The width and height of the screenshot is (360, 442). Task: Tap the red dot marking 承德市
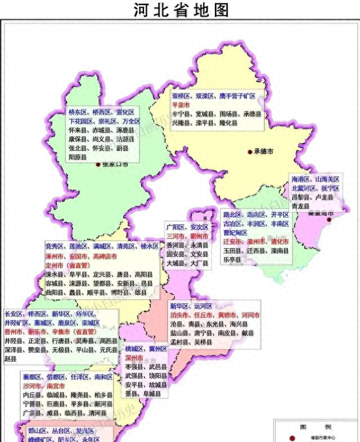[250, 151]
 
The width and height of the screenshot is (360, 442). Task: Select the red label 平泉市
[181, 105]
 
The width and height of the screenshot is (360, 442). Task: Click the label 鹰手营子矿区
[238, 97]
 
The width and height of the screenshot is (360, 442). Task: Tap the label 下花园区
[80, 121]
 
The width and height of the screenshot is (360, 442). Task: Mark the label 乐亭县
[231, 260]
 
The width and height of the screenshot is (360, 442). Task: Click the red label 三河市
[175, 237]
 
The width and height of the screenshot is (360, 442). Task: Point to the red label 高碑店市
[105, 256]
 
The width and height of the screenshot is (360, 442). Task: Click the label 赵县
[10, 358]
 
